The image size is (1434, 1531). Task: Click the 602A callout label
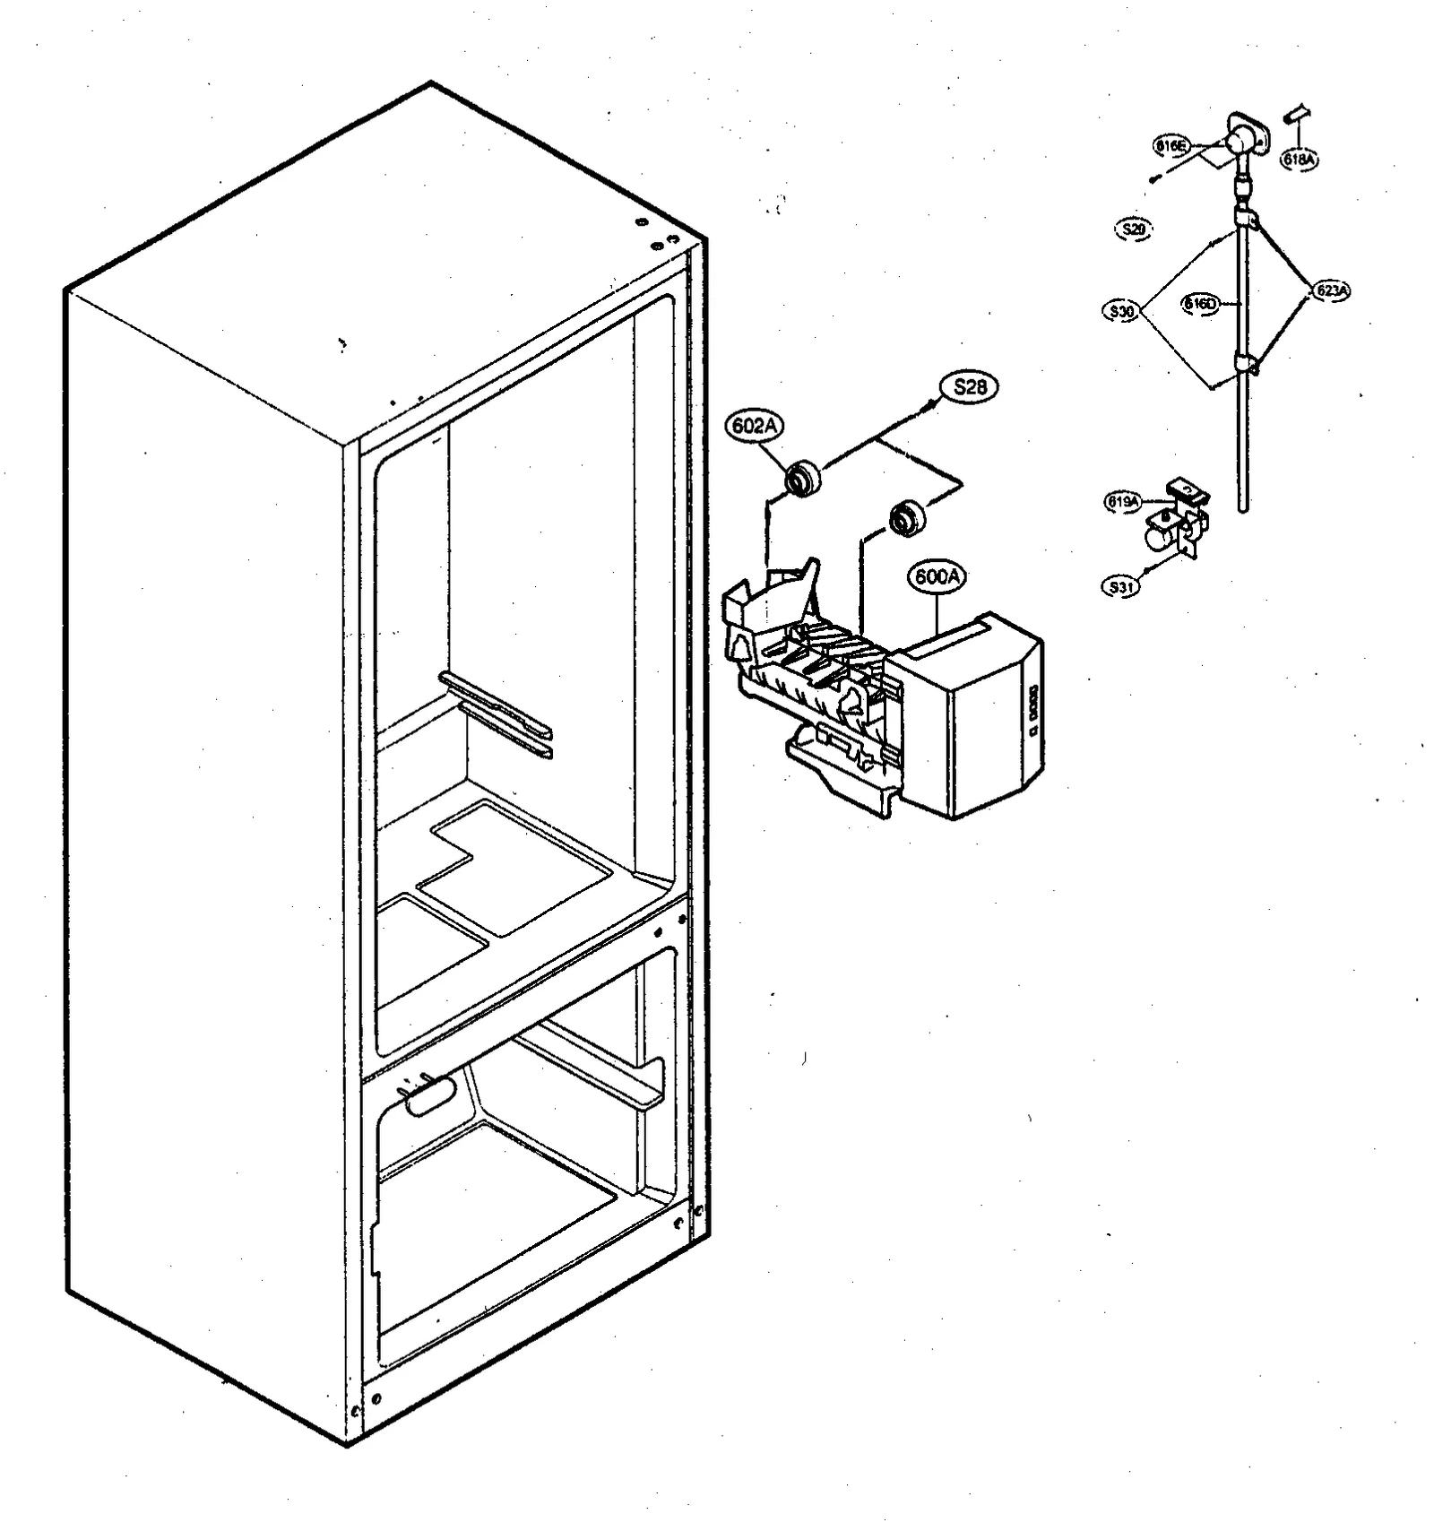(x=755, y=427)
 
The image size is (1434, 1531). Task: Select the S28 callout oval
(x=970, y=386)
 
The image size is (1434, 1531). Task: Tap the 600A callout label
(x=937, y=577)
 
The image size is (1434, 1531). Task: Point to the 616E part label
(x=1171, y=145)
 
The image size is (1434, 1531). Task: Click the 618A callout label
(x=1300, y=160)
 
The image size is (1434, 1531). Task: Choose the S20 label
(x=1134, y=229)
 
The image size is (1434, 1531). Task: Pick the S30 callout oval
(x=1121, y=312)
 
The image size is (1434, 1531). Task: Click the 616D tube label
(x=1201, y=304)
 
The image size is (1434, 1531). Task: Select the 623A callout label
(x=1331, y=290)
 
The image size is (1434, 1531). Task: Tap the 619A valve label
(x=1122, y=503)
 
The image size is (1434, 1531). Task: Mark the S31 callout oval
(x=1120, y=587)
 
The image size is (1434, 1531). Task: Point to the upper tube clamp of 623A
(x=1246, y=218)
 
